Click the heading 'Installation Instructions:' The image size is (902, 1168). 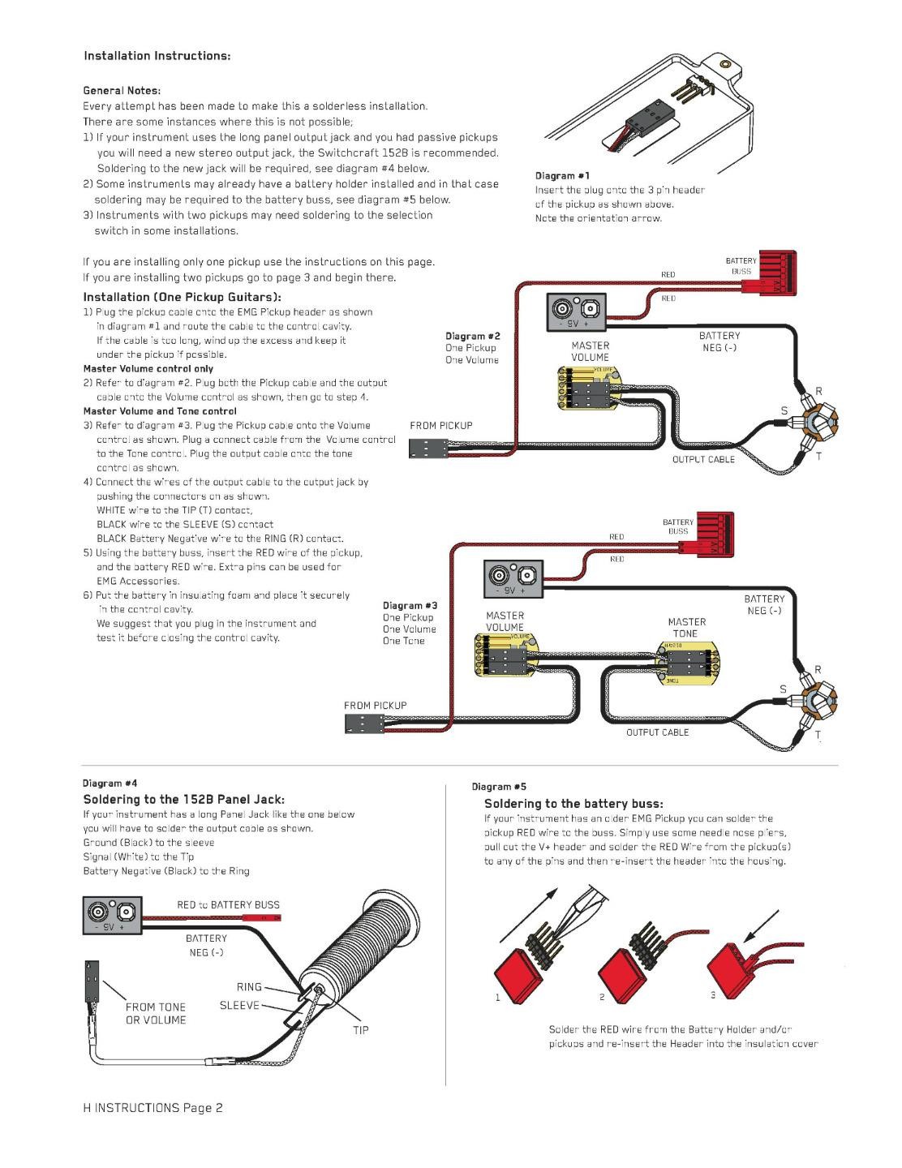(x=157, y=56)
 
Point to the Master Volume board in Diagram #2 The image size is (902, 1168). (x=590, y=389)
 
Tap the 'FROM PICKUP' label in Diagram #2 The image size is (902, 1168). (x=441, y=425)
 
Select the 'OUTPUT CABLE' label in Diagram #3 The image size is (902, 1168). (x=657, y=732)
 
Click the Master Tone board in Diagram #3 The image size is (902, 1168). (x=687, y=664)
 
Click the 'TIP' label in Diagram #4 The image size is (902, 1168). (x=361, y=1030)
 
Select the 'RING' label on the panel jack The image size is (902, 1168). (x=249, y=987)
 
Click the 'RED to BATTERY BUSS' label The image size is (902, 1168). (x=228, y=904)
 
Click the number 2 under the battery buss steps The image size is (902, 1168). (x=602, y=997)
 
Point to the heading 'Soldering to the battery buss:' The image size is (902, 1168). (x=573, y=803)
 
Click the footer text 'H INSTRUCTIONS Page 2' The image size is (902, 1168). (x=152, y=1108)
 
